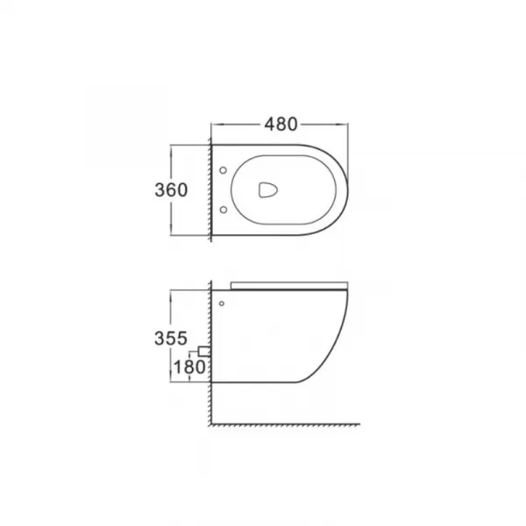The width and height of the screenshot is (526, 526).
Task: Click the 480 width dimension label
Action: [x=281, y=124]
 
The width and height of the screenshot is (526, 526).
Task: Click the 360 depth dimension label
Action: [x=171, y=190]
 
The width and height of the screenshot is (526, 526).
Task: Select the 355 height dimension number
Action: [x=171, y=338]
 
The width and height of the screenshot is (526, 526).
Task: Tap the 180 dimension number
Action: [x=189, y=367]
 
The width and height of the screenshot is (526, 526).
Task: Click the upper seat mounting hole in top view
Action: [x=223, y=170]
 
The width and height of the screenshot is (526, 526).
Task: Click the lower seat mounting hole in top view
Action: [x=223, y=210]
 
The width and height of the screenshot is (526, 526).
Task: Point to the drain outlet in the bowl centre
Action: [x=267, y=190]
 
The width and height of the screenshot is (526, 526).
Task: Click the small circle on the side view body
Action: [x=222, y=303]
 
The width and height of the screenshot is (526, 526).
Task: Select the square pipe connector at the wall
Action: [x=204, y=352]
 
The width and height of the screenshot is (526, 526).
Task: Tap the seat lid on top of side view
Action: [x=289, y=286]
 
